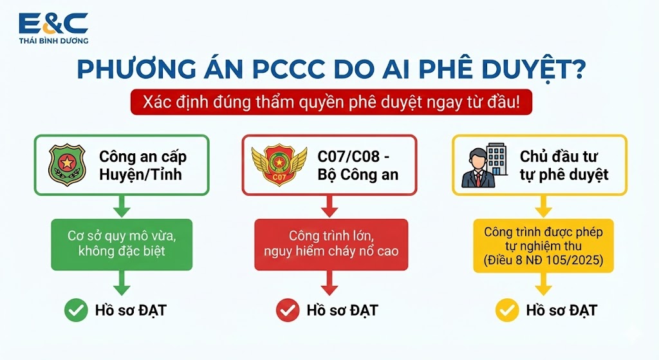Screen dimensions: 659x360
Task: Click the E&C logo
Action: point(53,28)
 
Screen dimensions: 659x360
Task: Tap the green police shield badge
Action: point(67,165)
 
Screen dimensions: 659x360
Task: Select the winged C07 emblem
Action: point(279,165)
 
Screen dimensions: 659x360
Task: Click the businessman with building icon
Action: point(484,165)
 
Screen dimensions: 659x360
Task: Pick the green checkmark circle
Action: point(76,310)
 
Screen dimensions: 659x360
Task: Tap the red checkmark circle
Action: point(288,310)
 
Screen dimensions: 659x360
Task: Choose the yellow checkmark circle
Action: point(507,310)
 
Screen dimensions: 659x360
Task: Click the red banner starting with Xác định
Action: point(331,102)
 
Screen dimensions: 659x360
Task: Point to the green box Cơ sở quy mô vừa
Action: point(122,244)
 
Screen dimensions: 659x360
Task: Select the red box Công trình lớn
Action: point(331,244)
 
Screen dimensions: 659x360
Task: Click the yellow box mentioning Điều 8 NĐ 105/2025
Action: point(543,245)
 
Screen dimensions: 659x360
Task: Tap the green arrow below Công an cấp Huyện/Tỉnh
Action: point(122,207)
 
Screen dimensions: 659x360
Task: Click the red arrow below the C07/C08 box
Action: point(329,207)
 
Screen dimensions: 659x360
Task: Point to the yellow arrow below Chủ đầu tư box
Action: point(543,207)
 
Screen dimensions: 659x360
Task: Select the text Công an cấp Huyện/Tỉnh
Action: point(142,166)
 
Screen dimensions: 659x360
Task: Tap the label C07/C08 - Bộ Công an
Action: point(358,166)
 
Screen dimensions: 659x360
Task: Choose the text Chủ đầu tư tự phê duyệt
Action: point(564,166)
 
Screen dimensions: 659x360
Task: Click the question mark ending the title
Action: point(579,68)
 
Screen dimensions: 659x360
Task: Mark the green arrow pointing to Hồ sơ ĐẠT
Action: point(122,283)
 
